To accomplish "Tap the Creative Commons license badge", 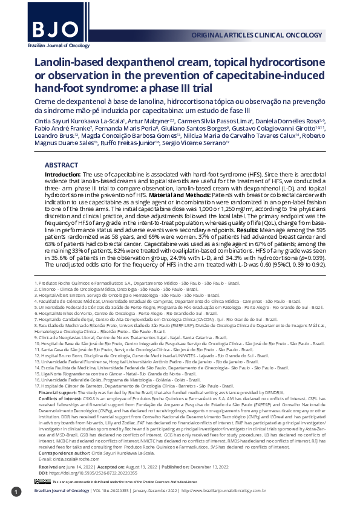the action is pyautogui.click(x=42, y=481).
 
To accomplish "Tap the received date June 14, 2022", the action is pyautogui.click(x=75, y=468).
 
